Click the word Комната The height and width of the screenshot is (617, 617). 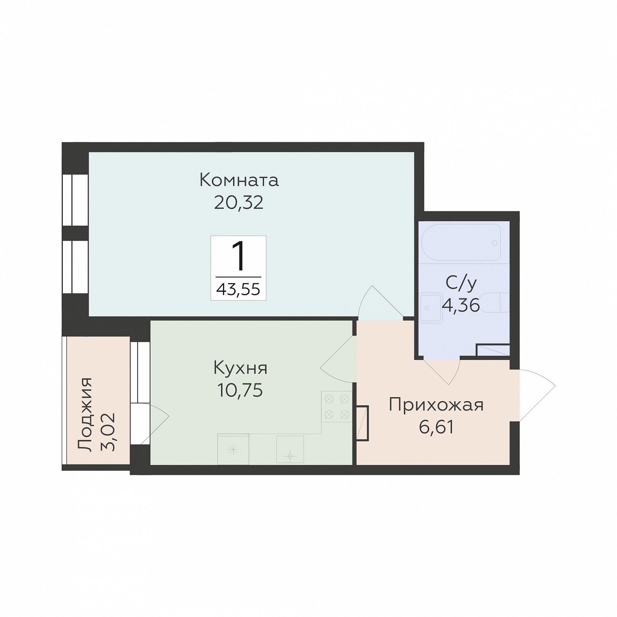pyautogui.click(x=239, y=180)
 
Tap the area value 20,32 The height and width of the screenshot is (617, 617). pyautogui.click(x=239, y=203)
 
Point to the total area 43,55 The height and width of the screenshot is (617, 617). pyautogui.click(x=238, y=289)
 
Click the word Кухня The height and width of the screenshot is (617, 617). pyautogui.click(x=240, y=368)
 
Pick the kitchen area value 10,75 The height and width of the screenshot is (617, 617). pyautogui.click(x=240, y=390)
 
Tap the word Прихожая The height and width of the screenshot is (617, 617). pyautogui.click(x=436, y=405)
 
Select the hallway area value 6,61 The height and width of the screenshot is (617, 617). pyautogui.click(x=436, y=427)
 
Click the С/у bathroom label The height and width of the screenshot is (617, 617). pyautogui.click(x=461, y=283)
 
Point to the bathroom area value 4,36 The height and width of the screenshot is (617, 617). pyautogui.click(x=461, y=305)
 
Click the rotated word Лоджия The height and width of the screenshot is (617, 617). pyautogui.click(x=85, y=415)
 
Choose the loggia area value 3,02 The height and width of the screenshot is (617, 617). pyautogui.click(x=108, y=432)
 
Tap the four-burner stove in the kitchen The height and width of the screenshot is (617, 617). pyautogui.click(x=337, y=407)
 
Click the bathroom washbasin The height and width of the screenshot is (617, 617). pyautogui.click(x=431, y=308)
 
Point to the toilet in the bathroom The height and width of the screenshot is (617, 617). pyautogui.click(x=495, y=302)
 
